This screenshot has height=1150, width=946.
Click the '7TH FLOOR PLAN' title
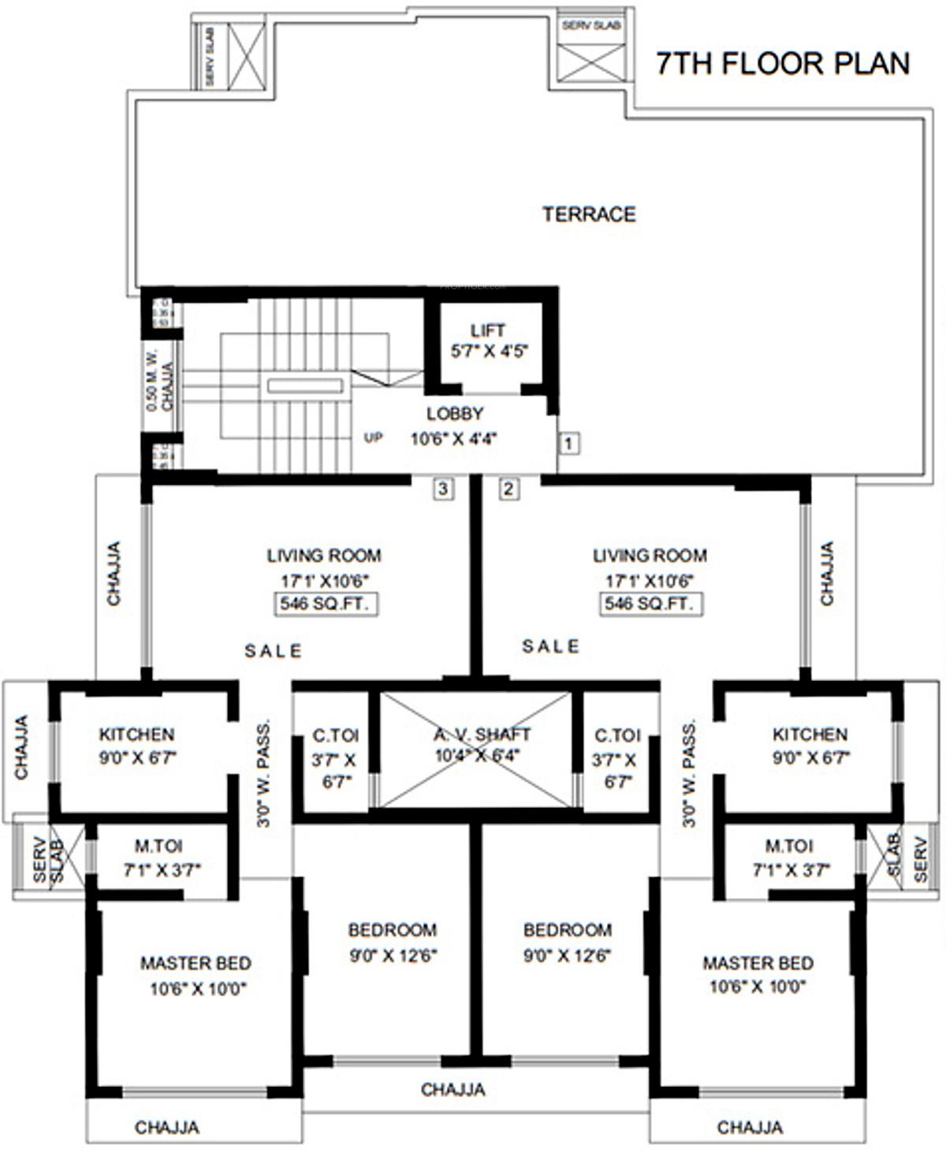tap(783, 63)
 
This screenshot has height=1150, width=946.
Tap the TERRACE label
tap(589, 214)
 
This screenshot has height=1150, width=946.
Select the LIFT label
tap(488, 330)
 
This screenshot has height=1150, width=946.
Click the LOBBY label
tap(455, 414)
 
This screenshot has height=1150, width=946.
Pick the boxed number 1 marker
tap(569, 443)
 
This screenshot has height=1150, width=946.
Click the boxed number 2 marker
tap(508, 489)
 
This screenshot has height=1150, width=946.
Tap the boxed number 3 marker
tap(443, 489)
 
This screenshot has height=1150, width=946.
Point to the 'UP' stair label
tap(373, 437)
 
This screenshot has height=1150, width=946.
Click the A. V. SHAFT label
tap(482, 735)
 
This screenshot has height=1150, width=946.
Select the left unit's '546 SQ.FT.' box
tap(324, 605)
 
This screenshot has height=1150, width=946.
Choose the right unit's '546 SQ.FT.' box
tap(650, 605)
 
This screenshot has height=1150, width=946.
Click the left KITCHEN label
tap(136, 735)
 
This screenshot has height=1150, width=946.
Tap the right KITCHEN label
tap(810, 735)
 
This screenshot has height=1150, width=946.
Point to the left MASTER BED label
tap(196, 963)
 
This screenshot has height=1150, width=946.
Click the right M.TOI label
tap(788, 847)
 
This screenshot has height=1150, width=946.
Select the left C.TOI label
tap(335, 736)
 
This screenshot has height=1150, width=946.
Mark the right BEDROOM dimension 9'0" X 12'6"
tap(568, 955)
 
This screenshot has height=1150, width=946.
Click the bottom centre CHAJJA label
tap(453, 1090)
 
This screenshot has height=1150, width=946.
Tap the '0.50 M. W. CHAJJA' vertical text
tap(159, 381)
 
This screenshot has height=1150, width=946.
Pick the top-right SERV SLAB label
tap(591, 26)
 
